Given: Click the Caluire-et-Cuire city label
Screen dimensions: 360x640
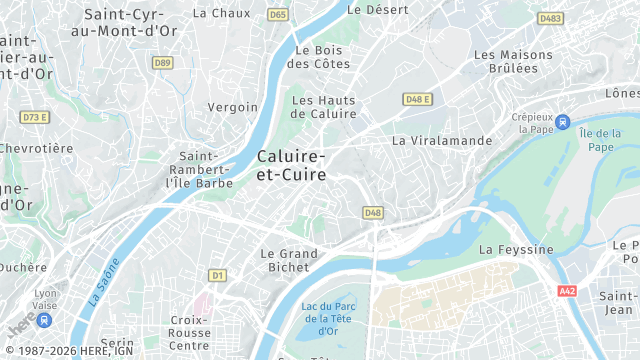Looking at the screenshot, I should point(291,166).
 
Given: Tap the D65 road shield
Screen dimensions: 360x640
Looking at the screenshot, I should point(278,15).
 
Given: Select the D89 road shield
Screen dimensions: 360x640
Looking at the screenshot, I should point(162,62).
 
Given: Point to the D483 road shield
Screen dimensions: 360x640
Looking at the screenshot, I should point(550,18).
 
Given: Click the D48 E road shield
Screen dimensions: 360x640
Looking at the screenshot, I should point(417,99).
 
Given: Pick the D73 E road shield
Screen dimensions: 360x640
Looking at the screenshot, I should point(35,117).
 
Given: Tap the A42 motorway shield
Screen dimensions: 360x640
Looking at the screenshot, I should point(568,290).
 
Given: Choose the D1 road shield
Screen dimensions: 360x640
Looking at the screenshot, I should point(217,274).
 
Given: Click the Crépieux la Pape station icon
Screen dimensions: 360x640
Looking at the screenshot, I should point(563,122).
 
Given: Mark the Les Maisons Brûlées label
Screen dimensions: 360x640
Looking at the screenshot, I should point(512,61).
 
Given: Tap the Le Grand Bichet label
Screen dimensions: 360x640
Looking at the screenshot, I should point(289,261).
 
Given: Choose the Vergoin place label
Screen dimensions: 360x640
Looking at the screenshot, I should point(232,107).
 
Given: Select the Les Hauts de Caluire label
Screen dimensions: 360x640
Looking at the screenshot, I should point(323,107).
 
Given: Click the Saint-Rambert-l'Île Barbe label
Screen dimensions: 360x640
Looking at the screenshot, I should point(205,169).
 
